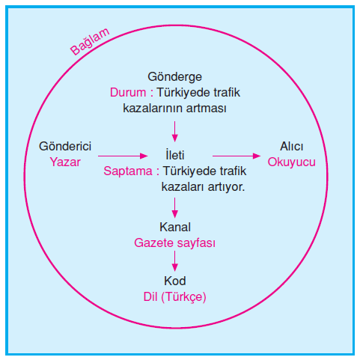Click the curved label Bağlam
click(90, 41)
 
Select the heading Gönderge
click(174, 77)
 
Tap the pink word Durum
click(128, 92)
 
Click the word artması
click(207, 109)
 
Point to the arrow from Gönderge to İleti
click(175, 132)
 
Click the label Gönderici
click(65, 146)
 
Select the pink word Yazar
click(65, 162)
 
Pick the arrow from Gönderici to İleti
click(123, 156)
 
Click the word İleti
click(175, 155)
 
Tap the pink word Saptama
click(128, 171)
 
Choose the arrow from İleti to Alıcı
click(237, 156)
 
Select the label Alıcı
click(292, 146)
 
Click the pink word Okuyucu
click(292, 162)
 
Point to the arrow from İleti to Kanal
click(175, 208)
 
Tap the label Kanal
click(175, 227)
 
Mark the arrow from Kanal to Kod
click(175, 261)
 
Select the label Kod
click(175, 281)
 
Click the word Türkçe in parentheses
click(184, 297)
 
